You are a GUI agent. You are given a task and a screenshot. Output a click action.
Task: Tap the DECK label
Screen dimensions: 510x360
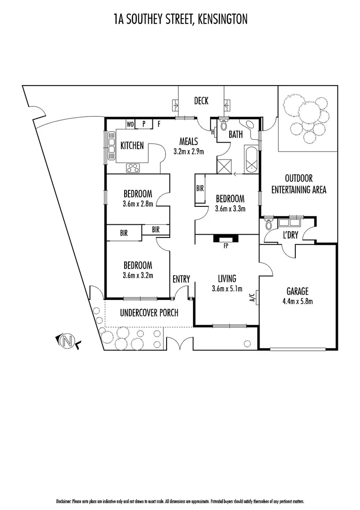201,101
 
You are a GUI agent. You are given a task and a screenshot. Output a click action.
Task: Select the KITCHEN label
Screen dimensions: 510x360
132,145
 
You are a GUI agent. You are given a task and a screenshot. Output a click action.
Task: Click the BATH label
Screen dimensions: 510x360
235,135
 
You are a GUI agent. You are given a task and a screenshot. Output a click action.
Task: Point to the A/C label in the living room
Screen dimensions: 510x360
252,297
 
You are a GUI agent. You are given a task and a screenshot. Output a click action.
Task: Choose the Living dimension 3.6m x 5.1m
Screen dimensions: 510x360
226,289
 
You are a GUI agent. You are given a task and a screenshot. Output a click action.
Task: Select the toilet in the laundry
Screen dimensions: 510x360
269,224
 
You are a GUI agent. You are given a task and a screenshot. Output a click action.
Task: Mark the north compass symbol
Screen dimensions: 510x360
68,340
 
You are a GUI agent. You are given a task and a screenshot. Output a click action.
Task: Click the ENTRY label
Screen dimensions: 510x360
181,279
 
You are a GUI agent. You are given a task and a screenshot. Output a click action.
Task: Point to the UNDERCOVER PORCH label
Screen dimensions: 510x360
149,313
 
